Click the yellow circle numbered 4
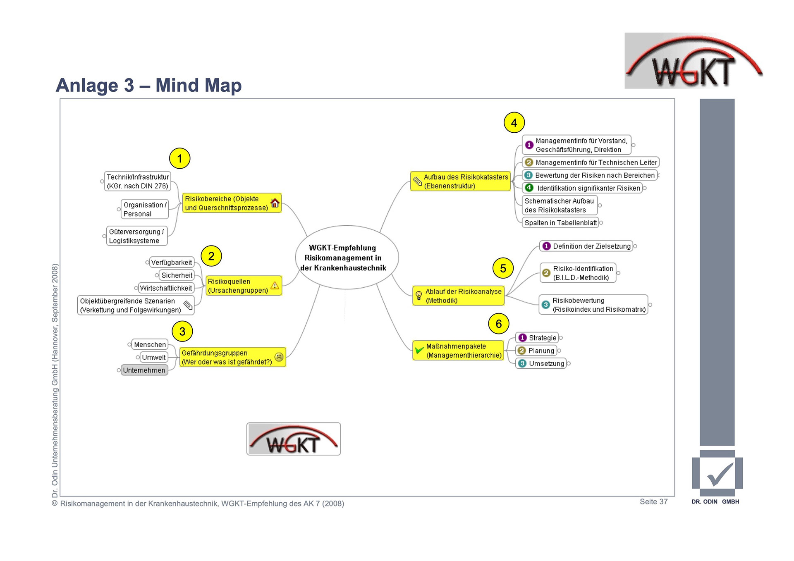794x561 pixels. pos(514,123)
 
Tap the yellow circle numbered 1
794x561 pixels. pos(179,158)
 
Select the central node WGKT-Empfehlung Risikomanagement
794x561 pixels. pos(347,258)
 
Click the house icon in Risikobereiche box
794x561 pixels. pos(275,203)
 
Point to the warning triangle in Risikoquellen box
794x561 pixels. pos(275,285)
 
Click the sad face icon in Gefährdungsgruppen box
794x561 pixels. pos(279,357)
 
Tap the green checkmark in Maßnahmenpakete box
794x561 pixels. pos(419,350)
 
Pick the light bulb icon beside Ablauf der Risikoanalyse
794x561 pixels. pos(419,296)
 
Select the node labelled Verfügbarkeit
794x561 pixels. pos(171,263)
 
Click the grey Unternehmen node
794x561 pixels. pos(144,370)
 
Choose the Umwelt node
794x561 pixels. pos(153,357)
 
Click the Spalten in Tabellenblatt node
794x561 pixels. pos(560,223)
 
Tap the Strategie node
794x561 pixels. pos(542,338)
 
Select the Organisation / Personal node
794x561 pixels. pos(144,209)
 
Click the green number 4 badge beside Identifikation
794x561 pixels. pos(529,188)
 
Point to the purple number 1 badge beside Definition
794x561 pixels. pos(546,246)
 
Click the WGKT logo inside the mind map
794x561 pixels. pos(294,439)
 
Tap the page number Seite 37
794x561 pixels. pos(653,501)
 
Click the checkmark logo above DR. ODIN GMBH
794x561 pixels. pos(717,474)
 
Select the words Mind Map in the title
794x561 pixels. pos(198,86)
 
